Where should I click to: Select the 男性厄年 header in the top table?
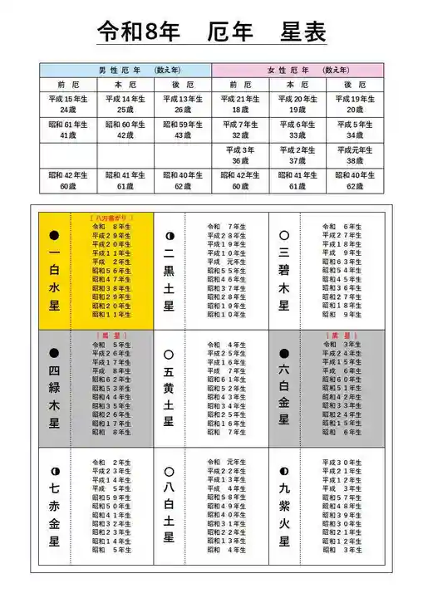pos(125,70)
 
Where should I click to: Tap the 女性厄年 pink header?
pos(298,70)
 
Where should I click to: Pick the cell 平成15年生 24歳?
pos(68,104)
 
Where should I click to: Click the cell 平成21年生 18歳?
pos(240,104)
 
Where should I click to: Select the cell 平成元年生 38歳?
pos(355,155)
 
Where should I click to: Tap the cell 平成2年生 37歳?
pos(298,155)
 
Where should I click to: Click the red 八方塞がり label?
pos(111,218)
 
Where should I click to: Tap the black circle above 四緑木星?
pos(54,354)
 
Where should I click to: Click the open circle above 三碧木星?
pos(284,236)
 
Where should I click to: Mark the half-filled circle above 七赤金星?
pos(54,472)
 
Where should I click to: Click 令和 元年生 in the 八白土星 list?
pos(226,462)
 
